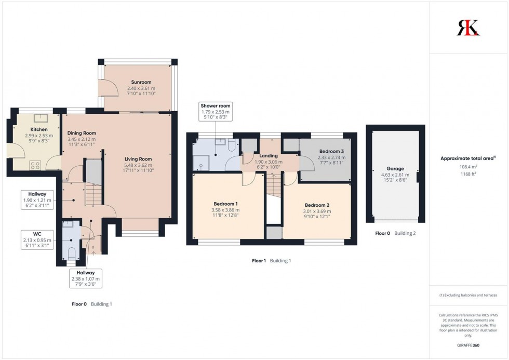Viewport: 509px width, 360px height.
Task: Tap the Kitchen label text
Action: point(39,129)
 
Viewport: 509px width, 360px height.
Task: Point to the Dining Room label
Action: point(82,133)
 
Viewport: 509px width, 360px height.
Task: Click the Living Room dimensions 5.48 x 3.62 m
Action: point(138,165)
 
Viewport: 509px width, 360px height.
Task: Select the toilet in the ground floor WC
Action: point(72,254)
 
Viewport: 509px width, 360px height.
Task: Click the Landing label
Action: point(269,155)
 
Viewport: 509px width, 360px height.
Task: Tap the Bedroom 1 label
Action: point(225,204)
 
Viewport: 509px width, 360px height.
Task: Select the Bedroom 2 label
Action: point(317,205)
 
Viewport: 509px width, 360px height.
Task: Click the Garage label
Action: point(395,169)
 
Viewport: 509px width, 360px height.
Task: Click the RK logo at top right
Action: point(468,28)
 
